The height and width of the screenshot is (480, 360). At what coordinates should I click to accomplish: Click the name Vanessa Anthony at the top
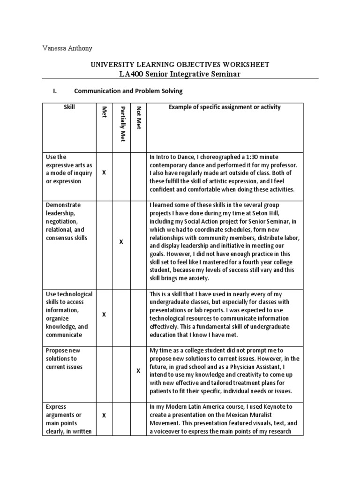[67, 48]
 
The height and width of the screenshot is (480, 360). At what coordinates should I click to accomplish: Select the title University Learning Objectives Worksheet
[180, 65]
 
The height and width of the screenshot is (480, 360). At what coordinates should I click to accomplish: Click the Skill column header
[69, 107]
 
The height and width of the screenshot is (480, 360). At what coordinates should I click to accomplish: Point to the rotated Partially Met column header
[122, 124]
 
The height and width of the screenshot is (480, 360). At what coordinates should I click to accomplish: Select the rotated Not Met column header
[138, 118]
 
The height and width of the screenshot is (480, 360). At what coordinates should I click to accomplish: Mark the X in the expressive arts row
[104, 173]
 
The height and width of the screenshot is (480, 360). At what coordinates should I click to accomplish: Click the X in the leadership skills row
[121, 242]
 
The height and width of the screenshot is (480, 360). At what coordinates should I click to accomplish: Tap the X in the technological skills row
[104, 315]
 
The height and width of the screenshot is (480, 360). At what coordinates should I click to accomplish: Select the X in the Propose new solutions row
[138, 371]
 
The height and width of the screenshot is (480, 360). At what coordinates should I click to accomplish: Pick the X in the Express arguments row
[104, 415]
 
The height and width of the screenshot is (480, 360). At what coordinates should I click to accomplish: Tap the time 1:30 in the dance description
[247, 157]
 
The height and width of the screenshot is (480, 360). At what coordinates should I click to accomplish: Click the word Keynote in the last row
[281, 406]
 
